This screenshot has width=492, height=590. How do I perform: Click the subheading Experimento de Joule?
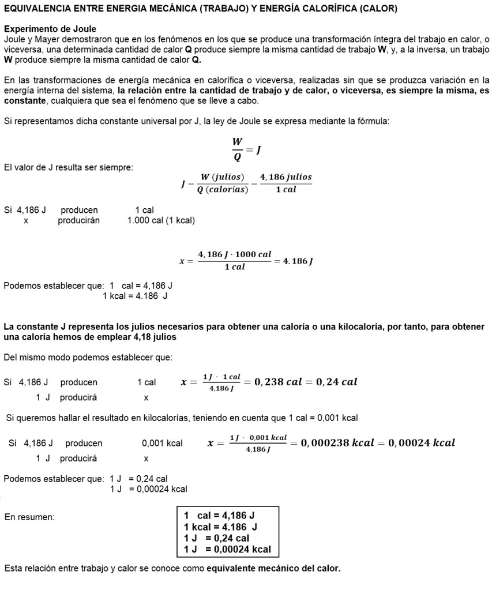[50, 29]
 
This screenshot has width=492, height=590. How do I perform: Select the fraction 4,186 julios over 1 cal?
[286, 183]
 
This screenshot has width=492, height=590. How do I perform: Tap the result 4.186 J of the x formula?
[295, 261]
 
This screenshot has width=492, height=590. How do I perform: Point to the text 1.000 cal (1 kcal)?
[161, 220]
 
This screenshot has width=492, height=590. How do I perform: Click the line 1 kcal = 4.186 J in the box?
[220, 527]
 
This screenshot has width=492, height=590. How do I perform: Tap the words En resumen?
[29, 517]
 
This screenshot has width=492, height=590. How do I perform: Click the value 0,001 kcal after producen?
[162, 444]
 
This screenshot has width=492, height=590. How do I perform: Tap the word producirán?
[78, 220]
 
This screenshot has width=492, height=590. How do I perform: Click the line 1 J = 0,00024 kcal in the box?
[227, 549]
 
